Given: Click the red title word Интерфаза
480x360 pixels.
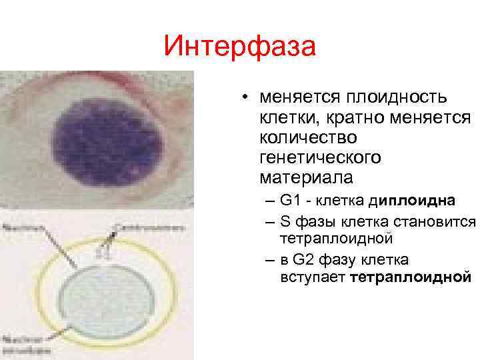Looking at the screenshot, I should pos(239,47).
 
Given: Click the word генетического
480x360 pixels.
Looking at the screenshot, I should pos(321,158).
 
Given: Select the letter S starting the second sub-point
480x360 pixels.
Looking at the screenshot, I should pos(285,221).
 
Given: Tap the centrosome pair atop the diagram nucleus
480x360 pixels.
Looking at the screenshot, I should pos(103,251).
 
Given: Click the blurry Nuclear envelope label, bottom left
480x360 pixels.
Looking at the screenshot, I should pos(27,343).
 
